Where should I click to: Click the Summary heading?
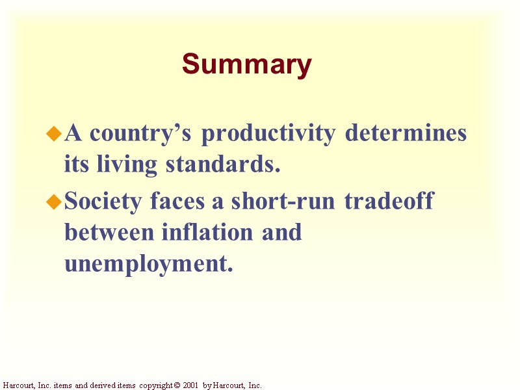(x=247, y=65)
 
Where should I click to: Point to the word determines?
(x=406, y=133)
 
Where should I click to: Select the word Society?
(x=105, y=201)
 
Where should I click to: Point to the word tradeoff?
(x=389, y=201)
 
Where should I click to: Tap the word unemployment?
(x=148, y=265)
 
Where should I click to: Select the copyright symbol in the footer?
(x=177, y=385)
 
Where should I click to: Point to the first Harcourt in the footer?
(x=16, y=385)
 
